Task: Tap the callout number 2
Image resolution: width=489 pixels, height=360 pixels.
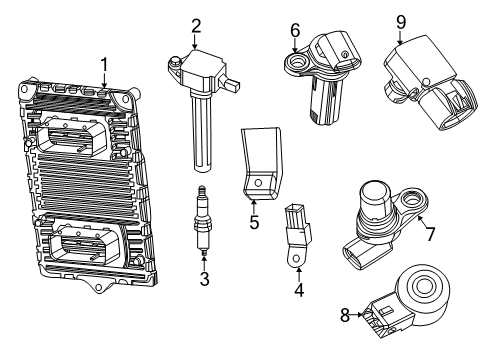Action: [197, 27]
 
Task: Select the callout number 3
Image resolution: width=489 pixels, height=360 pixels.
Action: [204, 279]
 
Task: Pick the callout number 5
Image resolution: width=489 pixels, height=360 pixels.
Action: [254, 222]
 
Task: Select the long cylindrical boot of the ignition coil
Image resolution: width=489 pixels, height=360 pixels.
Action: [205, 130]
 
